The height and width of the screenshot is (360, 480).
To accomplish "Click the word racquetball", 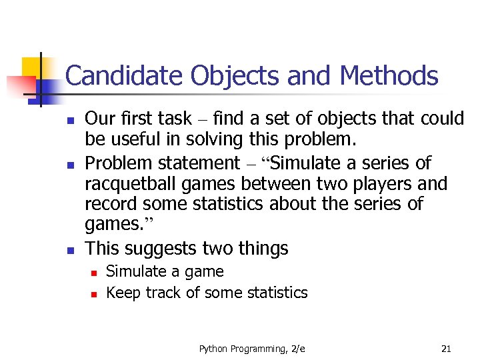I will tap(127, 183).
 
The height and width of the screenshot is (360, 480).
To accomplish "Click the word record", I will tap(109, 203).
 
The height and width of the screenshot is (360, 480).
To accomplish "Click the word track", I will tap(161, 293).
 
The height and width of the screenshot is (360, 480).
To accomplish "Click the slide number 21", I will tap(447, 348).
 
